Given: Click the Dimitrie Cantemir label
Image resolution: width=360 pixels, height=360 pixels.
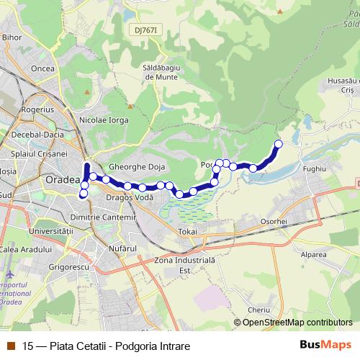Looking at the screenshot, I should (x=104, y=216).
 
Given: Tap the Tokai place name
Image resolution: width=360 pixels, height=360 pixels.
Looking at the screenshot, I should (x=186, y=232).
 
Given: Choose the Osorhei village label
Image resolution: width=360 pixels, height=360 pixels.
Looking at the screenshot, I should (x=274, y=222).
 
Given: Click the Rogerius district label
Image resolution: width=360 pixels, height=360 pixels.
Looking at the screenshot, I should (x=37, y=109).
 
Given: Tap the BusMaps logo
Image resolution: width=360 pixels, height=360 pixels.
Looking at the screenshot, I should (x=325, y=346).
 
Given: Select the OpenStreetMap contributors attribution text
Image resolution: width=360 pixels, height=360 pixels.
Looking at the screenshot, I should (x=297, y=322).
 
